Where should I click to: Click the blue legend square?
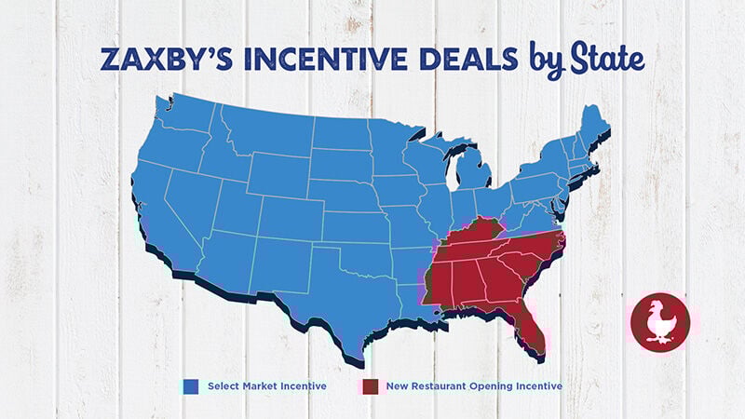pyautogui.click(x=191, y=385)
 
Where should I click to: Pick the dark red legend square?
pyautogui.click(x=370, y=385)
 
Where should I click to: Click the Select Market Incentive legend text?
pyautogui.click(x=266, y=385)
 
